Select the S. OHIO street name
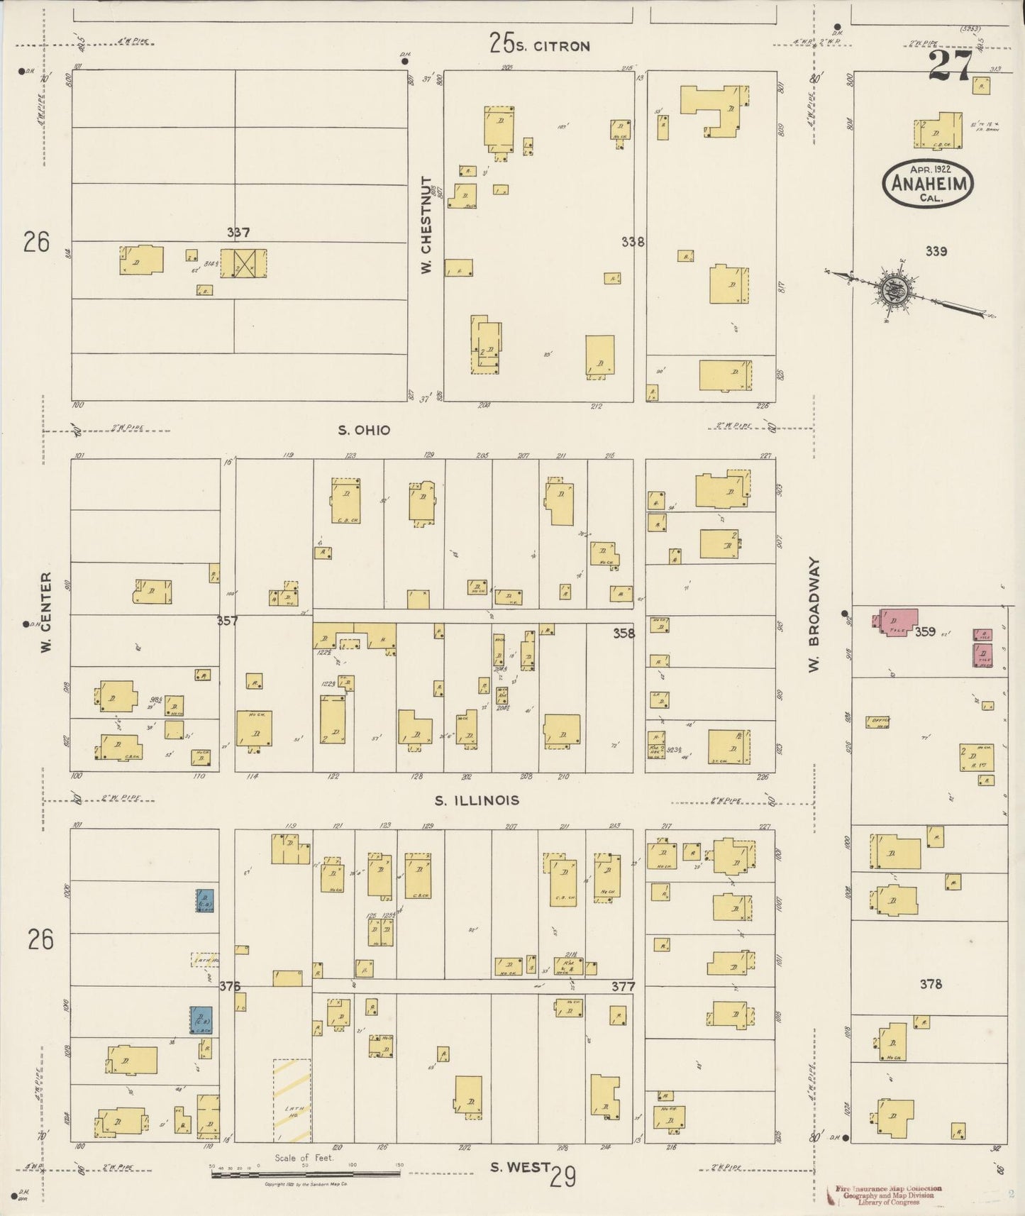click(x=364, y=430)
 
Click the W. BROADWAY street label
click(x=814, y=612)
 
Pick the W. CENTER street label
click(x=47, y=612)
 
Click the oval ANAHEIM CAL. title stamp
click(x=927, y=183)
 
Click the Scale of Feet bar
click(x=306, y=1175)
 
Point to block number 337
click(x=238, y=232)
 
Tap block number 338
click(x=632, y=242)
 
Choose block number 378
click(x=931, y=983)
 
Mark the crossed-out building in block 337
click(x=243, y=262)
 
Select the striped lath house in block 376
click(x=292, y=1100)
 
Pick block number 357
click(x=227, y=621)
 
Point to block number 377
click(x=623, y=986)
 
